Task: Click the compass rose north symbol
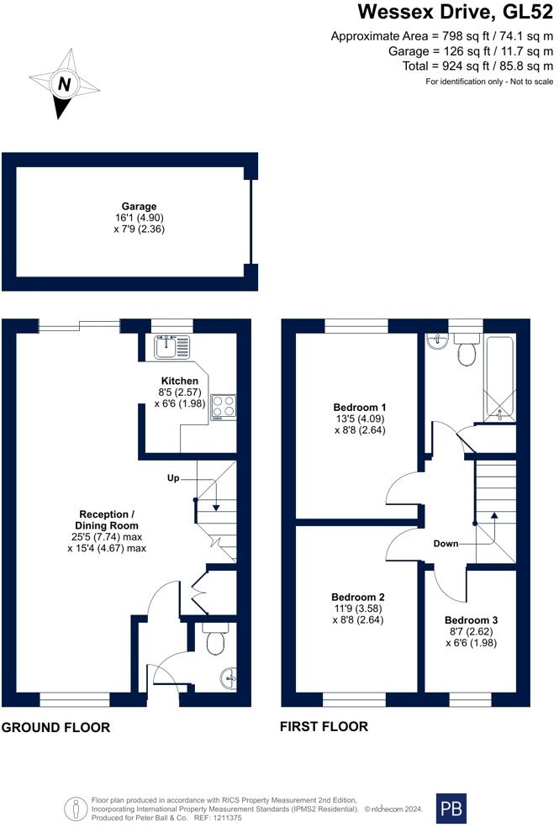click(64, 84)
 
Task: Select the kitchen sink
click(173, 345)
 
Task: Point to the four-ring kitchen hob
click(224, 407)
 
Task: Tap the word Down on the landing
click(446, 544)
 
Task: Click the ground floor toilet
click(215, 640)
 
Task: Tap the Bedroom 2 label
click(359, 597)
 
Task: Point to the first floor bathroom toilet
click(466, 351)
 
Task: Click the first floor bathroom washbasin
click(435, 343)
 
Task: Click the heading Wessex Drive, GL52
click(456, 13)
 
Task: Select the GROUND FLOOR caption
click(55, 727)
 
